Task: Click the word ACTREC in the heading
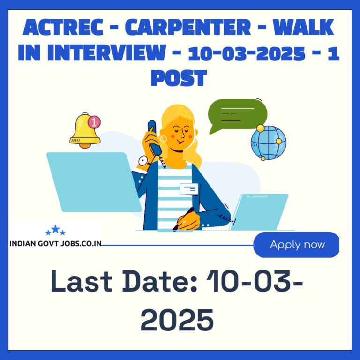point(63,27)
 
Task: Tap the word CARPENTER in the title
point(188,27)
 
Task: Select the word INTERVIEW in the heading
point(106,52)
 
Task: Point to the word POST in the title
point(179,78)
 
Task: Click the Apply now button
point(296,245)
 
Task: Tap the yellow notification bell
point(84,131)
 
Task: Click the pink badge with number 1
point(94,122)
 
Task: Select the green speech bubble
point(237,115)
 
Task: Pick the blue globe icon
point(269,143)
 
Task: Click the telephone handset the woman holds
point(154,138)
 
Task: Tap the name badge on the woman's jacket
point(189,189)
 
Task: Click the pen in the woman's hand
point(183,219)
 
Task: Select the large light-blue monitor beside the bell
point(94,182)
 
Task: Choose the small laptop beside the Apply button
point(259,212)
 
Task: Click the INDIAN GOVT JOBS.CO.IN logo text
point(55,244)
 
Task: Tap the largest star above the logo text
point(55,229)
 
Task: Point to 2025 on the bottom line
point(177,320)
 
